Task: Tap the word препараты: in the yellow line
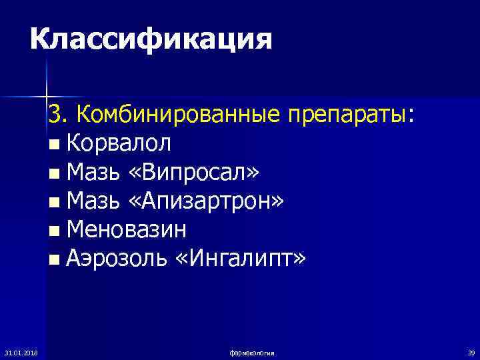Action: tap(351, 114)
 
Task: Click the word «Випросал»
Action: tap(199, 172)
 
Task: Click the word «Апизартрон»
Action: tap(211, 201)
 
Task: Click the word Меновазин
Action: tap(127, 229)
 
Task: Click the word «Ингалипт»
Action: tap(240, 258)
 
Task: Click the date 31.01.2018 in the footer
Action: tap(20, 351)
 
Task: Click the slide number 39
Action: tap(471, 351)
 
